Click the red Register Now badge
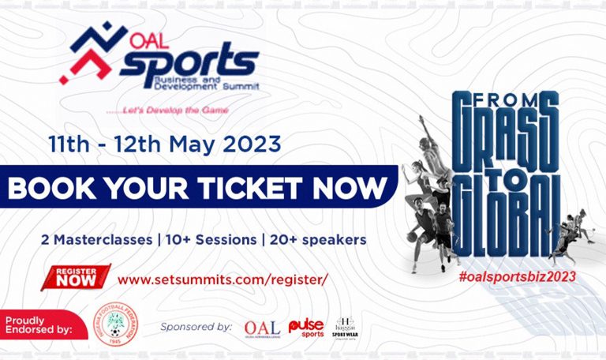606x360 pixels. [77, 277]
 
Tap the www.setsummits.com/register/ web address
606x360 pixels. [222, 279]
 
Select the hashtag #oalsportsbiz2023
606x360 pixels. [516, 276]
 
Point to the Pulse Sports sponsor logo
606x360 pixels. [306, 327]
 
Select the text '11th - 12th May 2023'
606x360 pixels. [164, 144]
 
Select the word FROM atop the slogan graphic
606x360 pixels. [506, 101]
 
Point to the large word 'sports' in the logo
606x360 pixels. [189, 62]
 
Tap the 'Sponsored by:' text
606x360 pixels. [196, 326]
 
